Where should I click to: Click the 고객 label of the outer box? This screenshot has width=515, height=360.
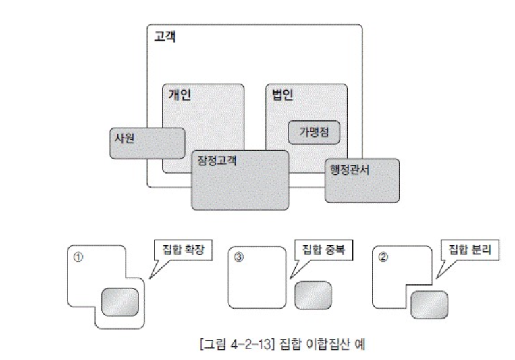pyautogui.click(x=165, y=37)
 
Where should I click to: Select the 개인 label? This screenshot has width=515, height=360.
pyautogui.click(x=180, y=95)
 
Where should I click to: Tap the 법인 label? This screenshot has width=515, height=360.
pyautogui.click(x=283, y=95)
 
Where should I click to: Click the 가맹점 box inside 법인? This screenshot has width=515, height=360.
pyautogui.click(x=314, y=131)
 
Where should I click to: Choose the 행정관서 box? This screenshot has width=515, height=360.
pyautogui.click(x=362, y=180)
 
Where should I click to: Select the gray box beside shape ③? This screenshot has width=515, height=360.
pyautogui.click(x=313, y=294)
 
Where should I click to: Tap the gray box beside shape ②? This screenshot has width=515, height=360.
pyautogui.click(x=429, y=304)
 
